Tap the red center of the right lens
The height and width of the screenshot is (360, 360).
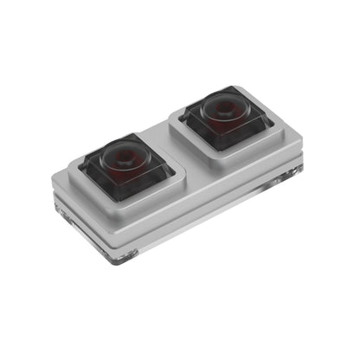224,108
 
